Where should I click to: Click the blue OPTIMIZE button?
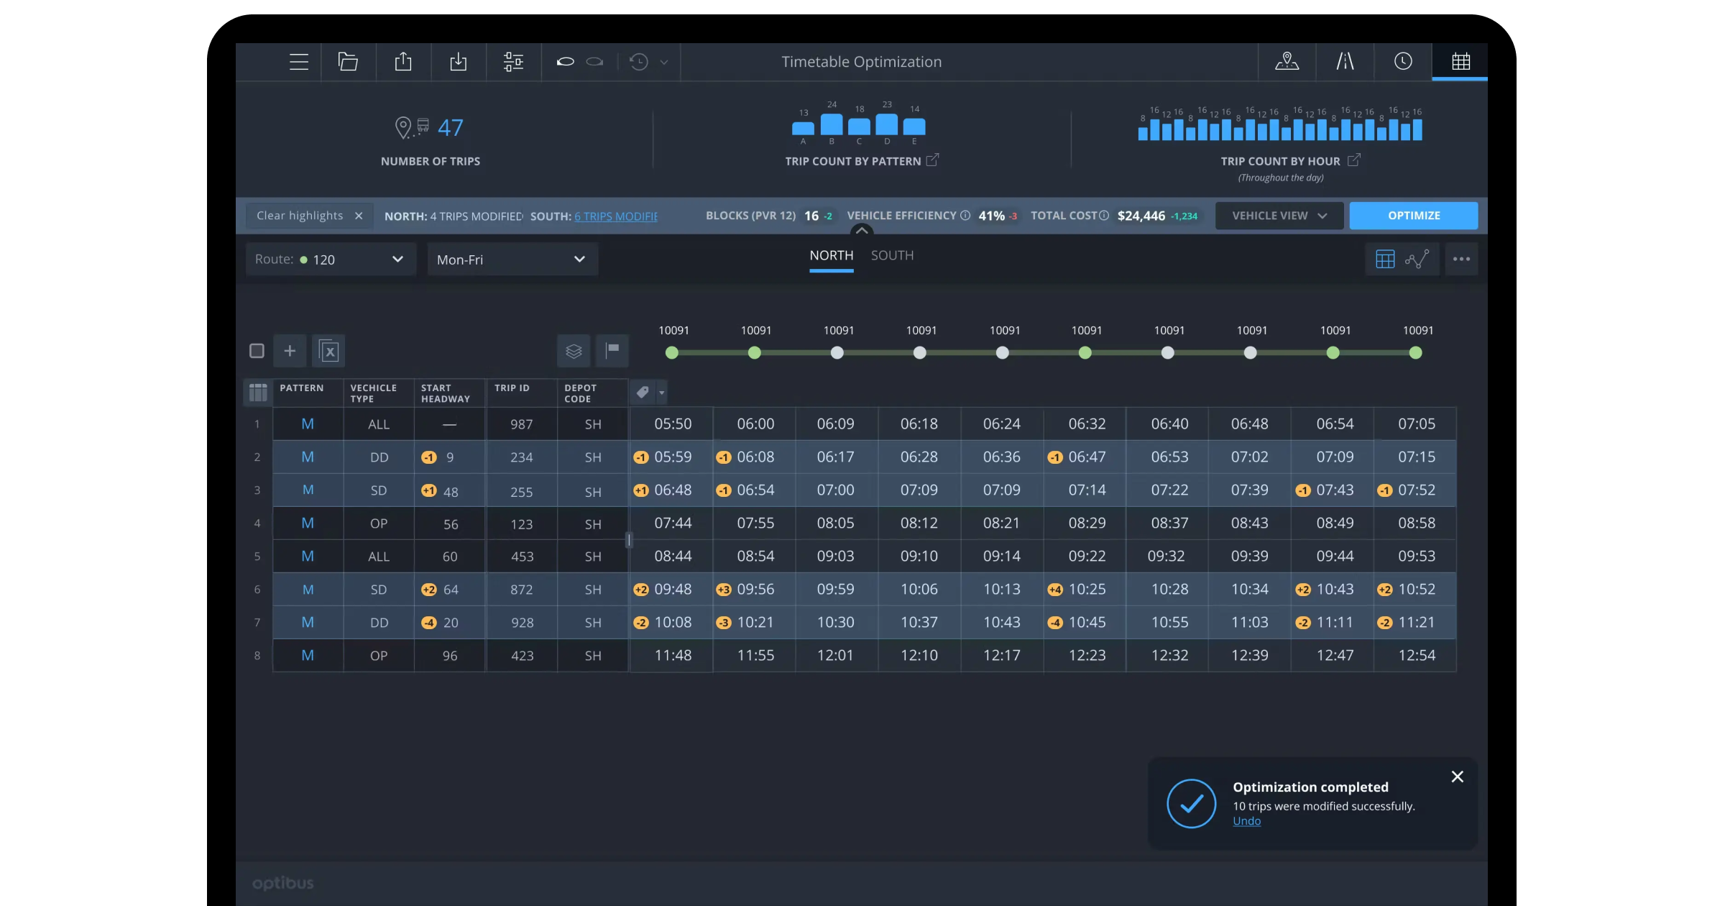pos(1413,216)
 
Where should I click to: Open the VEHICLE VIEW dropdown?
pos(1279,216)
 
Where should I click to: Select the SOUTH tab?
pos(892,256)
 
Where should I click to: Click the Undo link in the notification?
pos(1246,821)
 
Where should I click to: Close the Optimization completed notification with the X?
pos(1457,777)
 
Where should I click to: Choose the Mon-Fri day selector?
pos(512,260)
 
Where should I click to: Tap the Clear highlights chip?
pos(308,216)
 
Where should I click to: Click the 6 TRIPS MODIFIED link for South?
pos(616,216)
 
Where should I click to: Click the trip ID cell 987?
pos(521,424)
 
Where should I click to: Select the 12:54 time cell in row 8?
pos(1416,656)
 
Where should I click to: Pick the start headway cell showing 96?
pos(450,656)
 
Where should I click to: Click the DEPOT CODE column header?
pos(581,393)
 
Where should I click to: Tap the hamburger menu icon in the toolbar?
pos(299,62)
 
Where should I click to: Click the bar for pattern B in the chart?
pos(832,124)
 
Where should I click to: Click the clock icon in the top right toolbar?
pos(1402,62)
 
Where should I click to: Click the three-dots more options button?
pos(1460,260)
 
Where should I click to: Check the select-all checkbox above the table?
pos(257,351)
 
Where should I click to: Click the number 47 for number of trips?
pos(450,128)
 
